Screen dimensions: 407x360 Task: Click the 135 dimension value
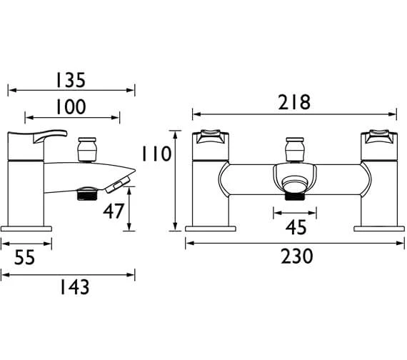point(71,80)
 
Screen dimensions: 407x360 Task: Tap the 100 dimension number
point(71,106)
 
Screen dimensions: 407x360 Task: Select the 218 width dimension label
point(294,102)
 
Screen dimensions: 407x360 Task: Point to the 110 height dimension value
point(156,154)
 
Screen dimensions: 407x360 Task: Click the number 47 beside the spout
point(114,211)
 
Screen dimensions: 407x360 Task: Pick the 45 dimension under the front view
point(296,228)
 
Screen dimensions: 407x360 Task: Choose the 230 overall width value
point(297,256)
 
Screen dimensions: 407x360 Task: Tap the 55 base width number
point(25,257)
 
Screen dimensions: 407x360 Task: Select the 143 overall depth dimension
point(74,287)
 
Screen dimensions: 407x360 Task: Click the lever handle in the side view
point(49,136)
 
